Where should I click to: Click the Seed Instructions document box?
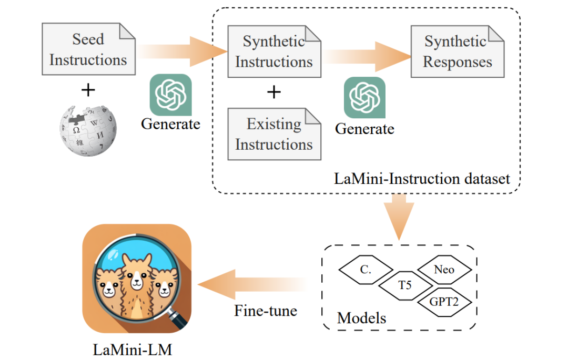88,49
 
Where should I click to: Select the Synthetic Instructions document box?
273,52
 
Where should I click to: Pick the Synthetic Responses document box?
457,52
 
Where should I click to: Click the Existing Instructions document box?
273,134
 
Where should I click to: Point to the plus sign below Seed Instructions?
88,90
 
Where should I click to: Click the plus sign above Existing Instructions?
274,92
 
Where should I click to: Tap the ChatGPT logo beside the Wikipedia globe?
170,95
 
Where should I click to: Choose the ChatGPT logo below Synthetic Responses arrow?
364,98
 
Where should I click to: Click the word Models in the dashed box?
361,317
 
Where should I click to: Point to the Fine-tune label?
266,310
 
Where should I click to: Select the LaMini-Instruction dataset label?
422,179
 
